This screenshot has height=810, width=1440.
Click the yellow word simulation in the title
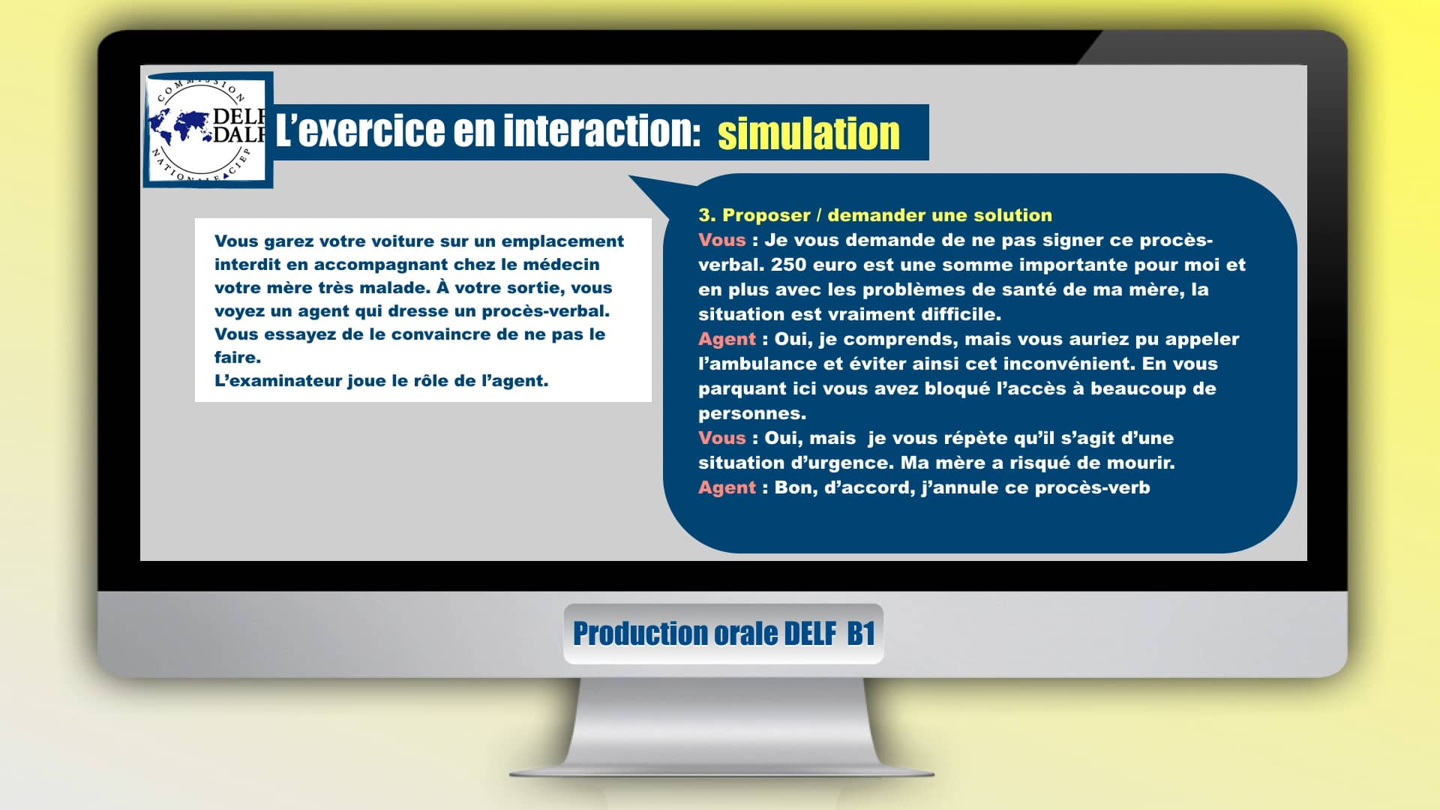[x=808, y=134]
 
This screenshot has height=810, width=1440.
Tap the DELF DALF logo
[x=208, y=129]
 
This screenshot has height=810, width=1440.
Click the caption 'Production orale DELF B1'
[x=724, y=634]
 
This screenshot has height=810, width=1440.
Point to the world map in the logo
[x=179, y=127]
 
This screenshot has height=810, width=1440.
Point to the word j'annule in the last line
[x=958, y=487]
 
